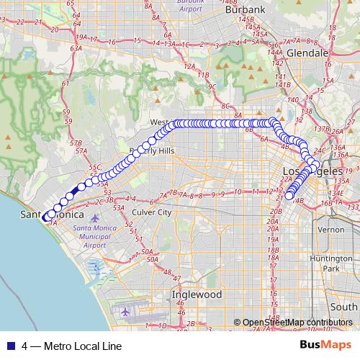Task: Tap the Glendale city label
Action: [307, 53]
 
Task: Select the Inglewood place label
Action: [196, 295]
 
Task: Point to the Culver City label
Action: [151, 213]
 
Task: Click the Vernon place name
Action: [331, 229]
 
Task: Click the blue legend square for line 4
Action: [9, 346]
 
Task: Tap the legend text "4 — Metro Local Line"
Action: [71, 346]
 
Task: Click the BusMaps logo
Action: [326, 345]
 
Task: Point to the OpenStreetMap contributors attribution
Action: [296, 322]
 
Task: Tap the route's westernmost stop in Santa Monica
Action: [45, 217]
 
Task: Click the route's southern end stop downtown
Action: [289, 194]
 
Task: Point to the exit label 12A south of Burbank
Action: [190, 66]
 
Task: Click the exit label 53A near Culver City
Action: [119, 208]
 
